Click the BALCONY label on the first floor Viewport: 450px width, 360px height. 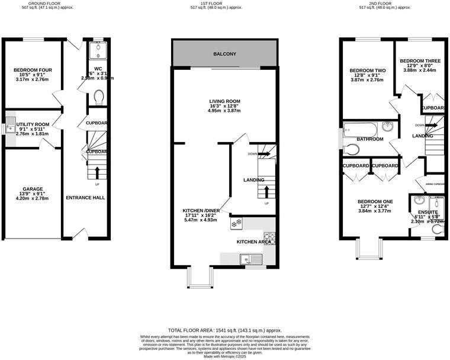[x=224, y=54]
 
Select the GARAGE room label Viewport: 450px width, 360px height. [x=33, y=189]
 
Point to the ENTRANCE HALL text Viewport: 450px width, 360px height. [x=85, y=197]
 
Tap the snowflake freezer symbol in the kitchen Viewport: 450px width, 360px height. [x=236, y=223]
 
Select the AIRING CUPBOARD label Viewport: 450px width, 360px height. [x=435, y=184]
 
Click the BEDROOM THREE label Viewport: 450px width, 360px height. [x=420, y=60]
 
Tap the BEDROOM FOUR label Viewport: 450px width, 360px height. [x=33, y=70]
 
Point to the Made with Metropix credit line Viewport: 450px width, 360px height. [x=224, y=356]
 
